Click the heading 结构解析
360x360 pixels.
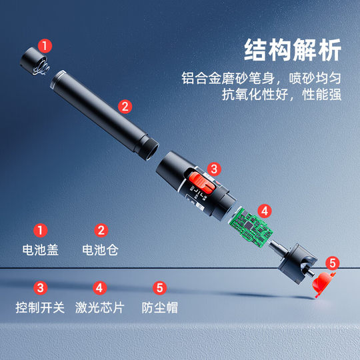(293, 51)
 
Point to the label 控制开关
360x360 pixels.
(40, 308)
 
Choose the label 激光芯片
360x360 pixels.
(99, 308)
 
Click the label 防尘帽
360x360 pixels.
(159, 308)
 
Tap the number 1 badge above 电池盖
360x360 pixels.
(41, 231)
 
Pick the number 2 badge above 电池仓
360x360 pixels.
(101, 231)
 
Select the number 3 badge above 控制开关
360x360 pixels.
(41, 288)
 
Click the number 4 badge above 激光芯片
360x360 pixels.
(99, 288)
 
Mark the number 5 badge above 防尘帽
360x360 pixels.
(159, 288)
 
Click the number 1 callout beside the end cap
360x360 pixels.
(45, 46)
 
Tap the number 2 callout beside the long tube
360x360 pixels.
(125, 105)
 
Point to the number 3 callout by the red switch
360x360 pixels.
(213, 169)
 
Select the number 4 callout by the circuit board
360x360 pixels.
(265, 211)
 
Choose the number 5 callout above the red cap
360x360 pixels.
(333, 263)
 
